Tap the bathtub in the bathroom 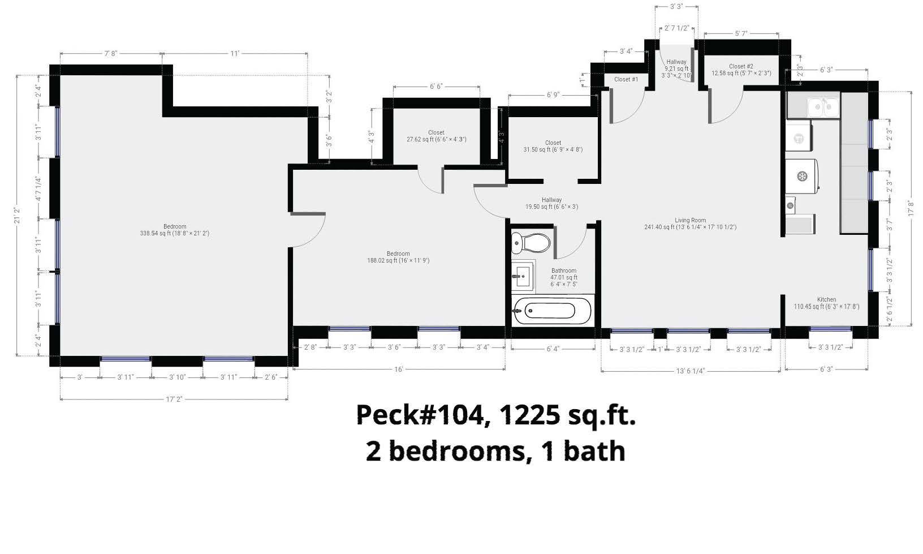click(x=552, y=311)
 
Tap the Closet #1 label click(x=626, y=80)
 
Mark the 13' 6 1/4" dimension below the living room click(x=690, y=371)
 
